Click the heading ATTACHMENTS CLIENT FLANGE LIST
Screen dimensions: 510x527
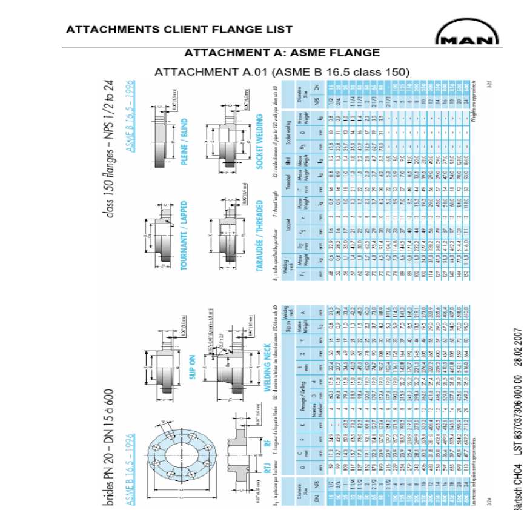click(179, 29)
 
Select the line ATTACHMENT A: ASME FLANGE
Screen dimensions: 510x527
click(282, 53)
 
